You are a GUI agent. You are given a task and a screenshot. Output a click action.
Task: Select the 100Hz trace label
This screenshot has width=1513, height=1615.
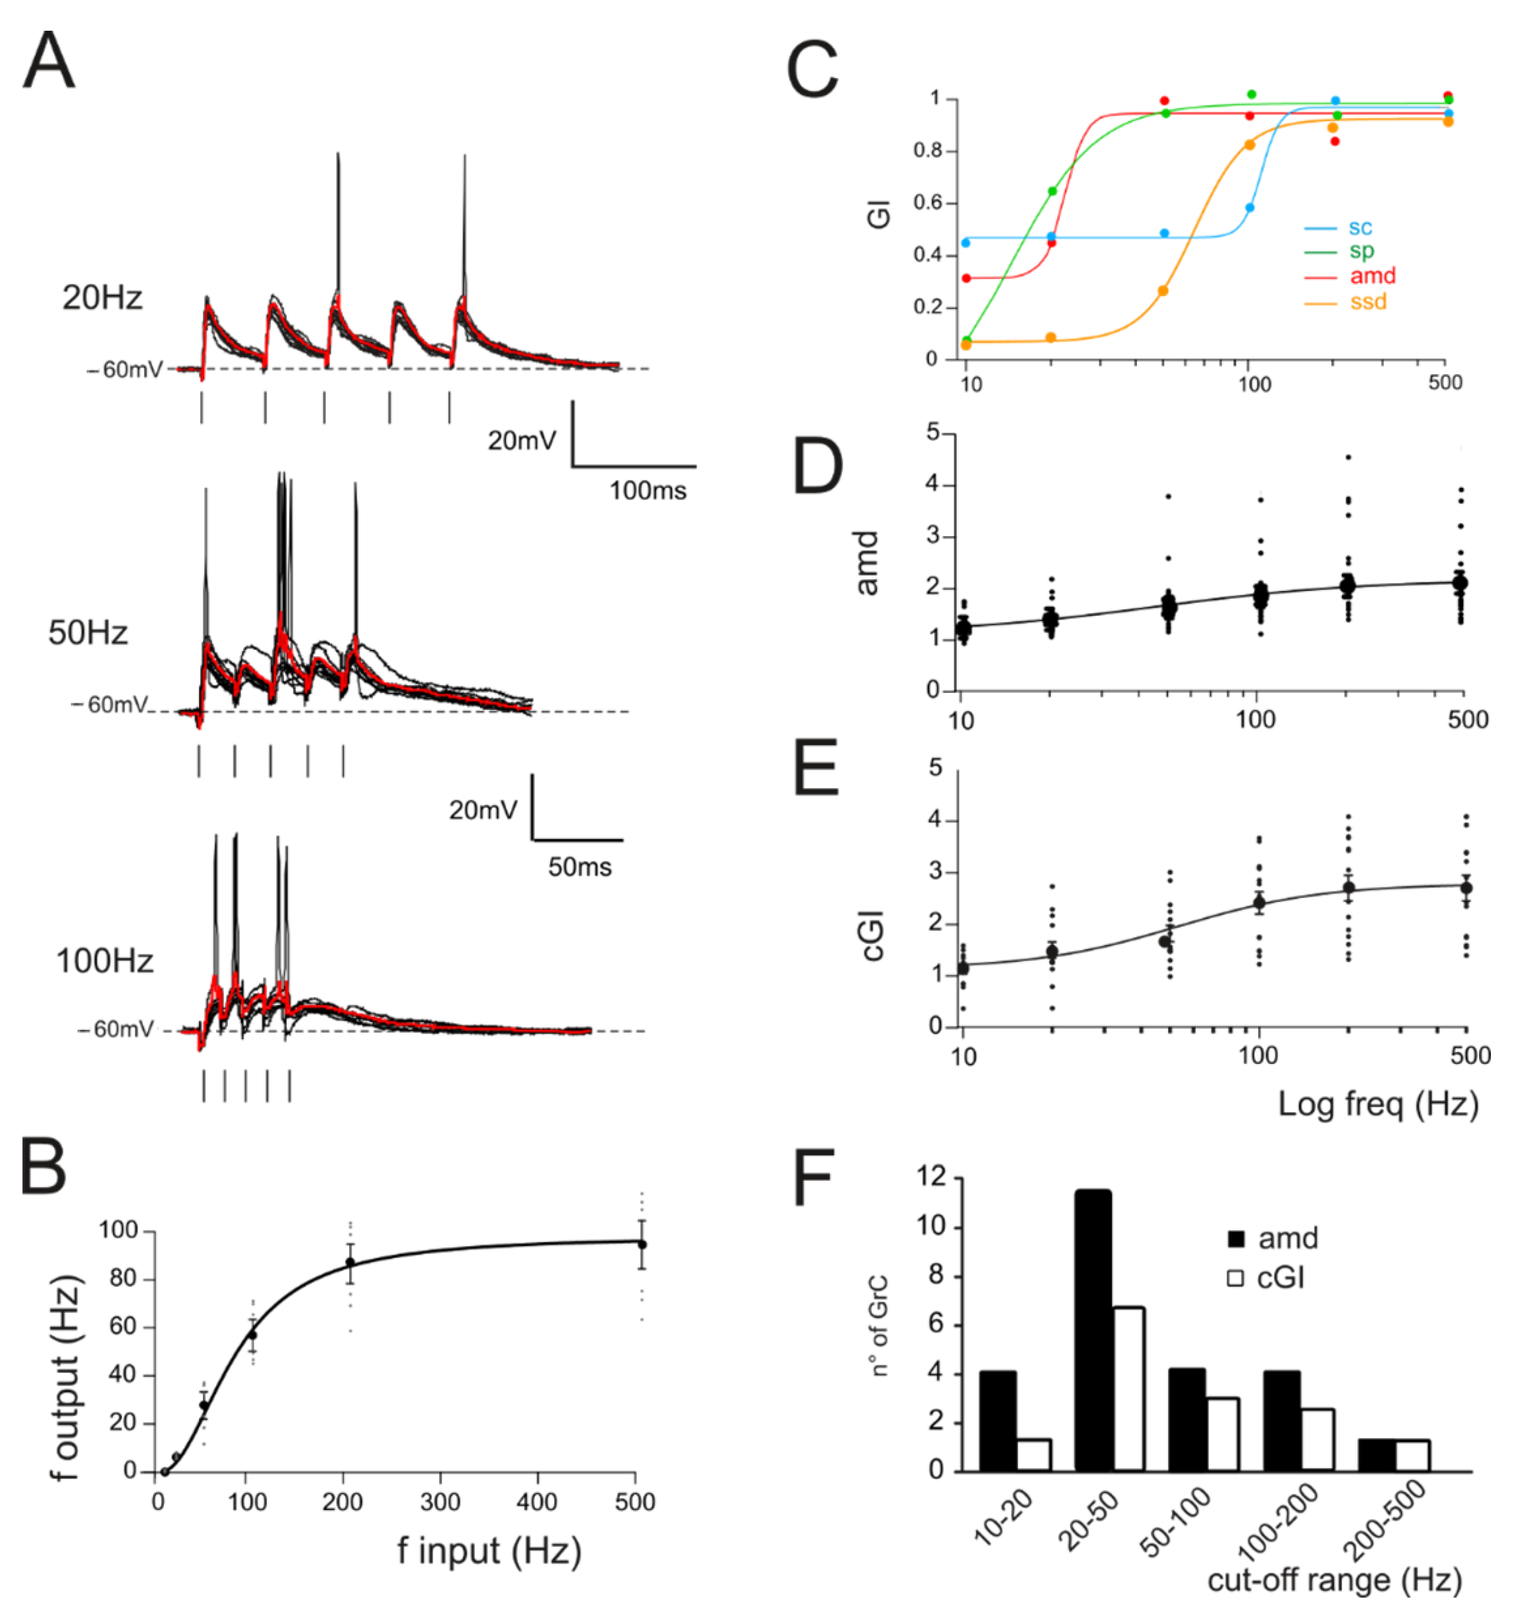coord(104,961)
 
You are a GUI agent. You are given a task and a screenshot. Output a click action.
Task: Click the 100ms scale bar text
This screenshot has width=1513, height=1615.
coord(648,491)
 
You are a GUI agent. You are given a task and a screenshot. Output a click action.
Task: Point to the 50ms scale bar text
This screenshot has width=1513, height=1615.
coord(579,867)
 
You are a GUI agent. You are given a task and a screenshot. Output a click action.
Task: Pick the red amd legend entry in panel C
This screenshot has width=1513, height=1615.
coord(1372,276)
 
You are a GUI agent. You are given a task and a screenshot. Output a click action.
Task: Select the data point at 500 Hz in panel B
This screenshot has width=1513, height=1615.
coord(642,1244)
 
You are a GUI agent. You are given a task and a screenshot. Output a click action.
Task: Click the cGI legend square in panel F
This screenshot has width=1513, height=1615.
coord(1235,1279)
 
